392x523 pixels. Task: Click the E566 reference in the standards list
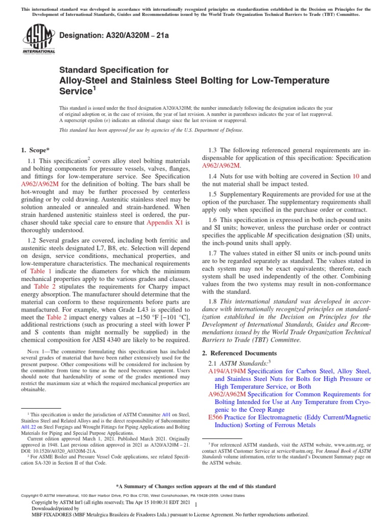click(x=215, y=417)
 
